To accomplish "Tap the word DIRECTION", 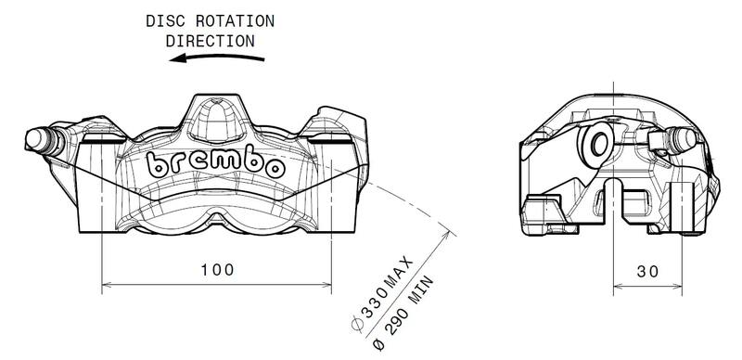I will tap(210, 40).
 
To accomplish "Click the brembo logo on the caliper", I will tap(215, 166).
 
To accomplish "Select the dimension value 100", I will tap(217, 269).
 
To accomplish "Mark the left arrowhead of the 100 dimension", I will tap(105, 282).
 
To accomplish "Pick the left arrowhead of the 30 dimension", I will tap(620, 282).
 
